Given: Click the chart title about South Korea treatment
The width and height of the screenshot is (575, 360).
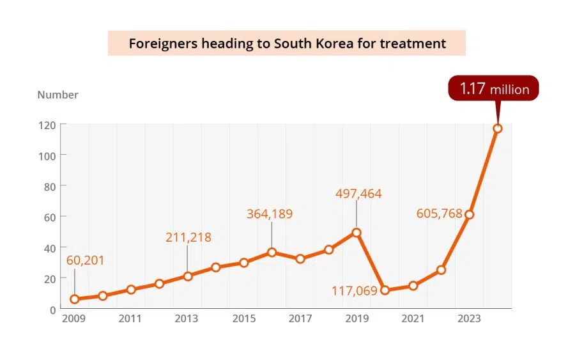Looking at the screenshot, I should [x=287, y=43].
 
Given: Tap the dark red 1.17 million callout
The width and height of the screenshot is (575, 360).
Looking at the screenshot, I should [x=493, y=88].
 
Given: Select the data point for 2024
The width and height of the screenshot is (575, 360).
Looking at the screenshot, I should [x=498, y=129].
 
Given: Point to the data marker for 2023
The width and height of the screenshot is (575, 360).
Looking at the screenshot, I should [x=469, y=215].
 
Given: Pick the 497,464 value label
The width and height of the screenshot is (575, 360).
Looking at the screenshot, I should [x=358, y=193].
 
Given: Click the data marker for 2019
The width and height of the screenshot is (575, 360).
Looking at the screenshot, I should [x=356, y=233].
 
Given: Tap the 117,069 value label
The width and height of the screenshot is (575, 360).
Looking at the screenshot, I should [x=354, y=291].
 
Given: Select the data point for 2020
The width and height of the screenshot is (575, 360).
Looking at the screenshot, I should [x=385, y=290].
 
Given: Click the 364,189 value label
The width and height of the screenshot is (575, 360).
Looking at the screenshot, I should [x=270, y=214].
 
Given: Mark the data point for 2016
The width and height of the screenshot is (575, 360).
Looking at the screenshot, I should [x=272, y=253].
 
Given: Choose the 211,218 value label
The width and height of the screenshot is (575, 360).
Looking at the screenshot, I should [x=188, y=237].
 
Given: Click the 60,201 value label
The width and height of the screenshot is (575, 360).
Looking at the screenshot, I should [x=85, y=260].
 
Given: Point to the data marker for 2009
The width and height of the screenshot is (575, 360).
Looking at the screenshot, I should [x=75, y=299].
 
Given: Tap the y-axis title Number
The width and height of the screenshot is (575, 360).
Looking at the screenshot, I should [x=57, y=95].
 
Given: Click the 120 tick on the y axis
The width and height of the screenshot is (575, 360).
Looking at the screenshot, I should [x=47, y=125].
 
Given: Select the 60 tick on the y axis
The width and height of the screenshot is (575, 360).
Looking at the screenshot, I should [x=50, y=217].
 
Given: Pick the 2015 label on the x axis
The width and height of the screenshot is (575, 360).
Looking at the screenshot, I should [x=243, y=318].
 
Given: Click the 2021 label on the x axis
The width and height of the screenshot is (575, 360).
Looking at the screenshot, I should [x=413, y=318].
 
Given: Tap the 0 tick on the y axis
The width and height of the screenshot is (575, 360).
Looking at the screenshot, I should [x=53, y=309].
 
